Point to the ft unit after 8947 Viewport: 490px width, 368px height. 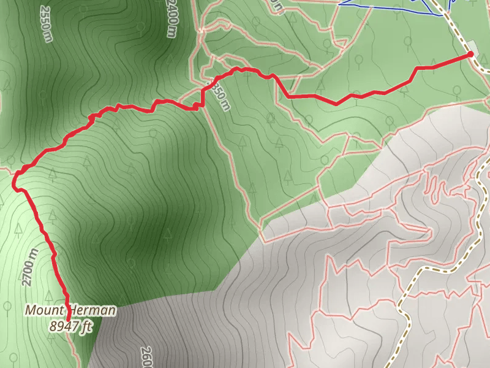(87, 327)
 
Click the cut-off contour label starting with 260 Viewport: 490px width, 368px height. (146, 358)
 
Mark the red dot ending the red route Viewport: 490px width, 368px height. (470, 55)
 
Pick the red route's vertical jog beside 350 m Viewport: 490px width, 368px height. (203, 98)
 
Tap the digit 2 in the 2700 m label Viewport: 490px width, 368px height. (26, 283)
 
